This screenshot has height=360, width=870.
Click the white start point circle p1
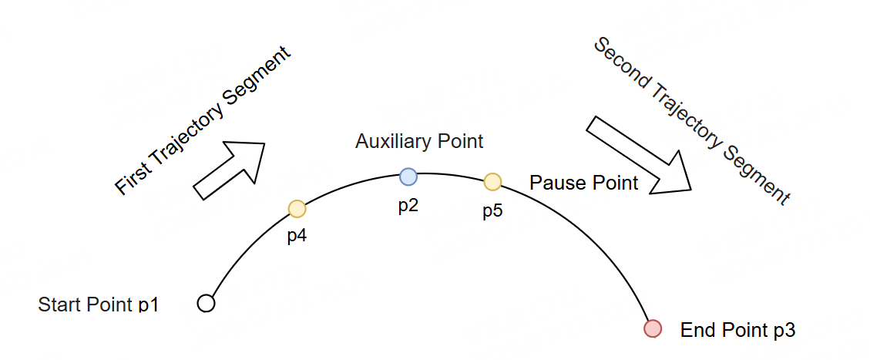click(x=206, y=304)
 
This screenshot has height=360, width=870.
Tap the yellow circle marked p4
click(x=297, y=209)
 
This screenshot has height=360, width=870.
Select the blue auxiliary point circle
click(x=408, y=177)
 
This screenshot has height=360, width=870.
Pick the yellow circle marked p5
click(x=492, y=181)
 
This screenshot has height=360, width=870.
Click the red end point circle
click(x=653, y=328)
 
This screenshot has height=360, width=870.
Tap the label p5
click(x=492, y=211)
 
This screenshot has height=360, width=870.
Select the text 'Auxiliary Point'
click(x=419, y=141)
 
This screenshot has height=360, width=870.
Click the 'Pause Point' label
click(x=583, y=182)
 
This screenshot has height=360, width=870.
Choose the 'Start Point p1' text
click(x=98, y=304)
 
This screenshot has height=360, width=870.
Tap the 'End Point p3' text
click(x=738, y=330)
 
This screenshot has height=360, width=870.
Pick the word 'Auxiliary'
click(x=394, y=141)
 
